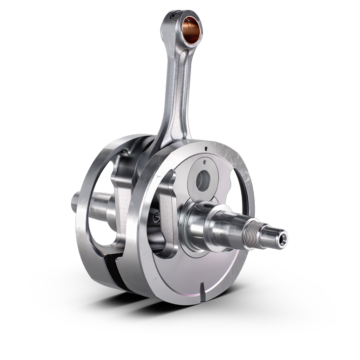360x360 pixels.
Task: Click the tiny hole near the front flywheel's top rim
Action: (x=207, y=148)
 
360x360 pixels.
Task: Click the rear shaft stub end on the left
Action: (x=76, y=204)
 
